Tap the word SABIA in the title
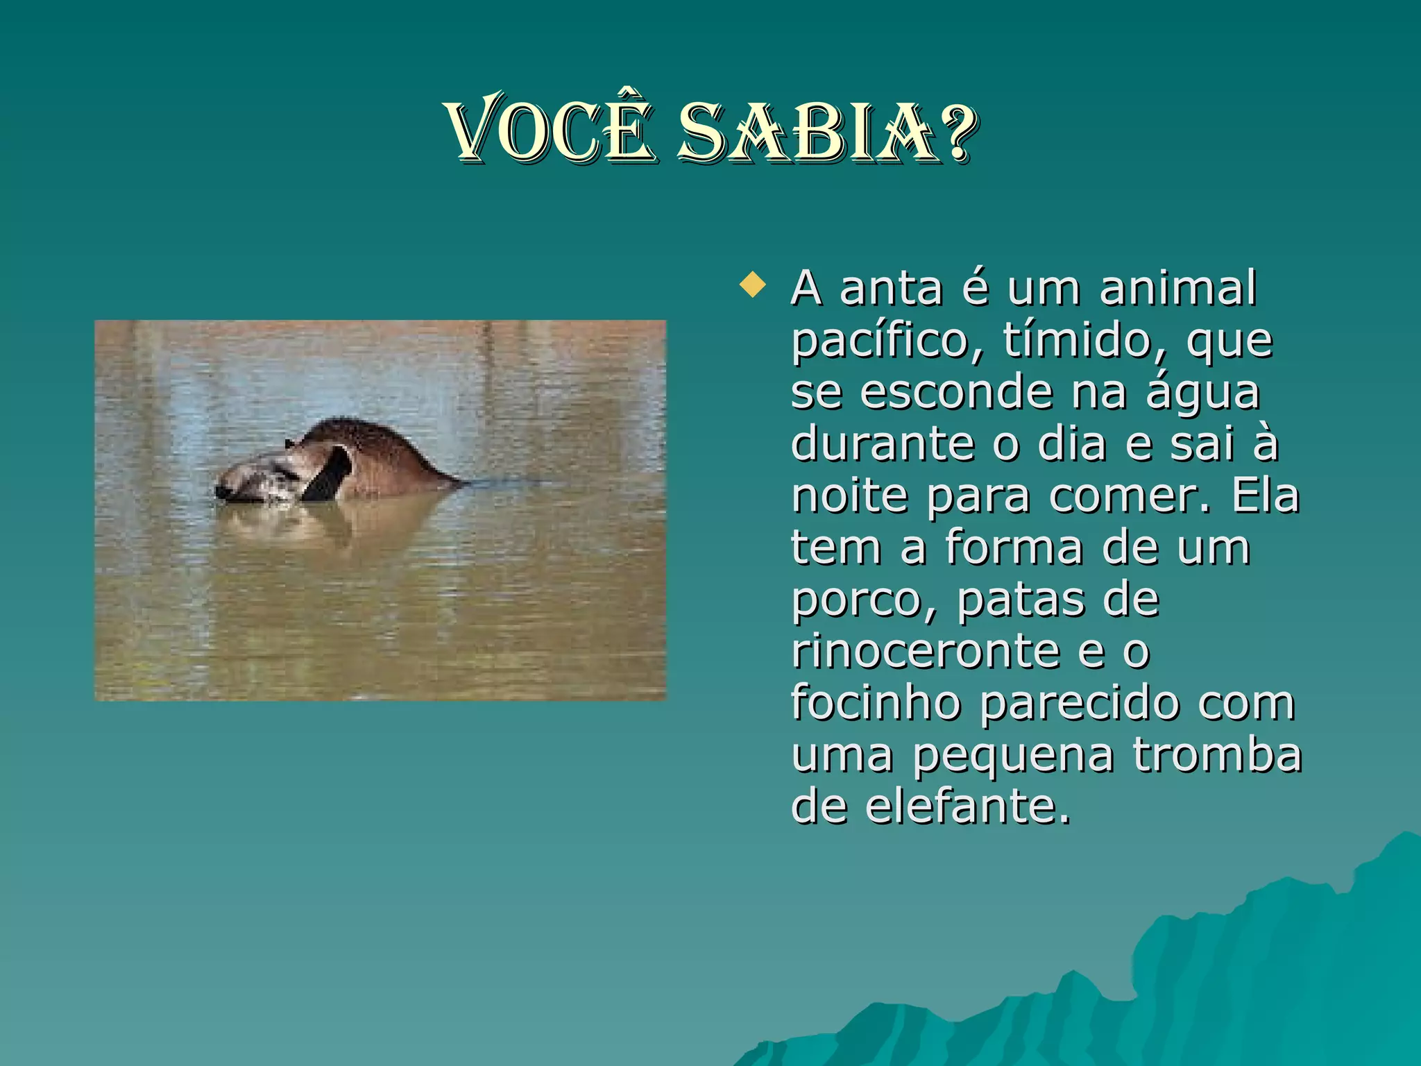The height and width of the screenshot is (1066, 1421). (x=809, y=132)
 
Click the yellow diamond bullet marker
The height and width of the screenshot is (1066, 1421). (x=752, y=285)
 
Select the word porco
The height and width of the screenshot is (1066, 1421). (x=865, y=600)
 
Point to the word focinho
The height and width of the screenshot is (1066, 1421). (x=876, y=702)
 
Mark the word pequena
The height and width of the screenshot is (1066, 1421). (x=1013, y=756)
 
